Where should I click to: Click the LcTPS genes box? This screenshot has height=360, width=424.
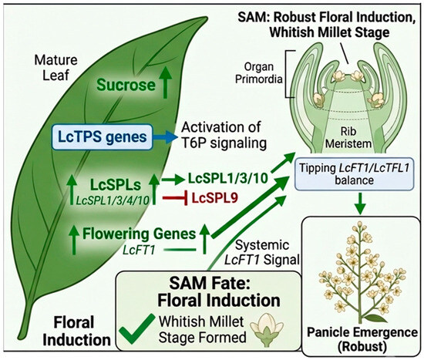click(103, 137)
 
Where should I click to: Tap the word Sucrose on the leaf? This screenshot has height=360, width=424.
click(126, 85)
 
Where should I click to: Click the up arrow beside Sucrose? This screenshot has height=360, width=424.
click(165, 82)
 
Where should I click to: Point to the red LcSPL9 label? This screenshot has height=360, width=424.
click(215, 198)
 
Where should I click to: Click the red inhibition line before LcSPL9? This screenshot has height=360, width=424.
click(175, 198)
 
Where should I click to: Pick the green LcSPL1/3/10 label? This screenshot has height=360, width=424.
click(227, 179)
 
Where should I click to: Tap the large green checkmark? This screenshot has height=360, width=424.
click(137, 328)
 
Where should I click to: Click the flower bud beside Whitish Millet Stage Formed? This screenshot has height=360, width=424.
click(267, 330)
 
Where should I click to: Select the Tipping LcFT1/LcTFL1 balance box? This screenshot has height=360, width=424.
click(355, 174)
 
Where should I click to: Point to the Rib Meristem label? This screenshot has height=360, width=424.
click(348, 138)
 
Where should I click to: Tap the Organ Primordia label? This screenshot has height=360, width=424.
click(259, 72)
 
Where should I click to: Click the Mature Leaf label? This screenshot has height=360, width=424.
click(56, 68)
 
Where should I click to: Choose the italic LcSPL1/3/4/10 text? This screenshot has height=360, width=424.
click(113, 200)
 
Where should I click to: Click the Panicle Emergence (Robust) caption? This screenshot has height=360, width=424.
click(362, 339)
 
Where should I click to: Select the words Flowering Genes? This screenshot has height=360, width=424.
click(139, 234)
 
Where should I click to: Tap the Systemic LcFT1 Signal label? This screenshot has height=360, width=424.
click(262, 253)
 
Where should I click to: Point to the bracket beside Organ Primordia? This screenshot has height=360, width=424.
click(287, 74)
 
